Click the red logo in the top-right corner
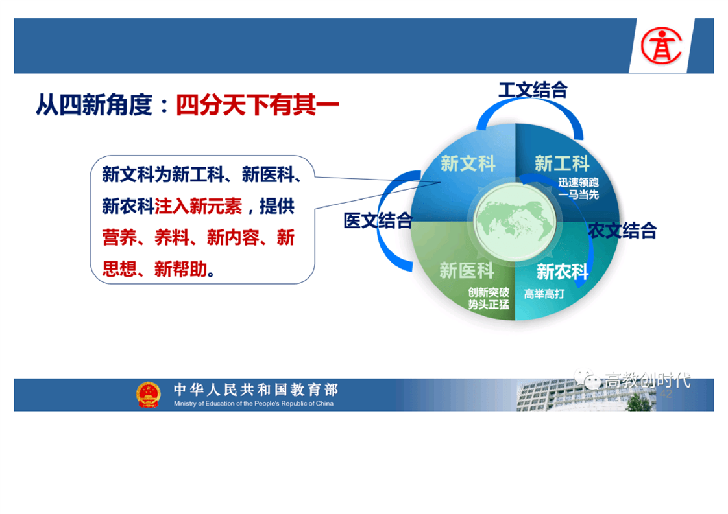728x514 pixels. [661, 45]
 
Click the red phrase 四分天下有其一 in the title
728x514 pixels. [257, 105]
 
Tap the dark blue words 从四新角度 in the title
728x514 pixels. [94, 105]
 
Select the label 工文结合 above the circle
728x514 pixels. [533, 90]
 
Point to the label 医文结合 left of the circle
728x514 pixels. [378, 220]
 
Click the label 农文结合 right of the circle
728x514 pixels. [623, 231]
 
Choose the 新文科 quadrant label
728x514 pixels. [468, 164]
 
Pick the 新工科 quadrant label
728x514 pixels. [562, 164]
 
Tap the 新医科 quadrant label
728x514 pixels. [467, 270]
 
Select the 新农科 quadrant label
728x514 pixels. [563, 272]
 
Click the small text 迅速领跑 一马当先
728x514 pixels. [579, 189]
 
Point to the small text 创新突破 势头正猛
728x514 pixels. [489, 298]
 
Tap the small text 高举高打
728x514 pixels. [544, 294]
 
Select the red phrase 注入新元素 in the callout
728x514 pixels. [199, 206]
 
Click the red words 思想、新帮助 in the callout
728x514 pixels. [154, 269]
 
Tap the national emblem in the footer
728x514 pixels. [148, 394]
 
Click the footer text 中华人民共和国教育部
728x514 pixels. [256, 390]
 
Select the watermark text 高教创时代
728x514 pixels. [648, 380]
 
